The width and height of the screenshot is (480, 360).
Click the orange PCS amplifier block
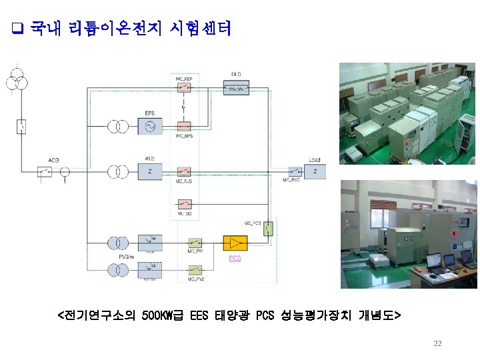click(235, 243)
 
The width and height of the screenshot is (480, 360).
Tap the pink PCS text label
click(235, 259)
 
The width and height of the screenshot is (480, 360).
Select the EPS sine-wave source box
click(150, 127)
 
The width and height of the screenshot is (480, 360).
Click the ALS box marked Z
click(150, 172)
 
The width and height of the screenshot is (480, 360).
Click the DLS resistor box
click(237, 87)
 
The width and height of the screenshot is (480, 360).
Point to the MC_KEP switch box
click(183, 88)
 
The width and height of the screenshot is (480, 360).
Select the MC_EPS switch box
click(183, 127)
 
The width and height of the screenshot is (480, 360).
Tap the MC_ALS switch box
click(183, 171)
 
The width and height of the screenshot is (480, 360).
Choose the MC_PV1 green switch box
click(195, 243)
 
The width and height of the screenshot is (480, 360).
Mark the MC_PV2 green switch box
click(195, 270)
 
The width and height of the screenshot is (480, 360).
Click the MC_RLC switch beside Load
click(293, 172)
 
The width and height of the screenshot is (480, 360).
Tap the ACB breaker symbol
click(47, 172)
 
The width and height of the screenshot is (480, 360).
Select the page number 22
click(437, 343)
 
